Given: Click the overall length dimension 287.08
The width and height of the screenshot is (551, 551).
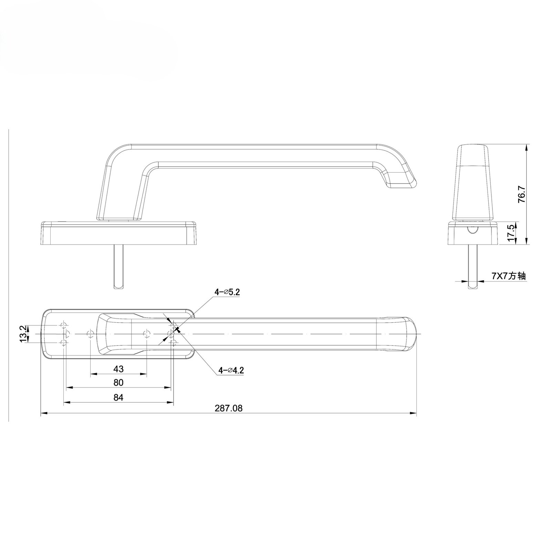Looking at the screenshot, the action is tap(229, 408).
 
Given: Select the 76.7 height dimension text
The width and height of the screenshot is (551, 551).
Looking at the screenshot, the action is tap(521, 195).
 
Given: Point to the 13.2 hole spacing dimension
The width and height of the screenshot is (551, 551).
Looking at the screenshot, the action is tap(23, 334).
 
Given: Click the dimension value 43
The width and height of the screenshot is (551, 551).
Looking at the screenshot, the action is tap(118, 369).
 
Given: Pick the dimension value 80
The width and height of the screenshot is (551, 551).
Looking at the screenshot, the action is tap(118, 383).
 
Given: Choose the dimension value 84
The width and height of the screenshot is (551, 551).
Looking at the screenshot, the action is tap(118, 397).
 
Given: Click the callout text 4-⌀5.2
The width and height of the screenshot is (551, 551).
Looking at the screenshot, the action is tap(227, 292).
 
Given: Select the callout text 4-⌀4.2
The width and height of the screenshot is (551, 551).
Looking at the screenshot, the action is tap(231, 371).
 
